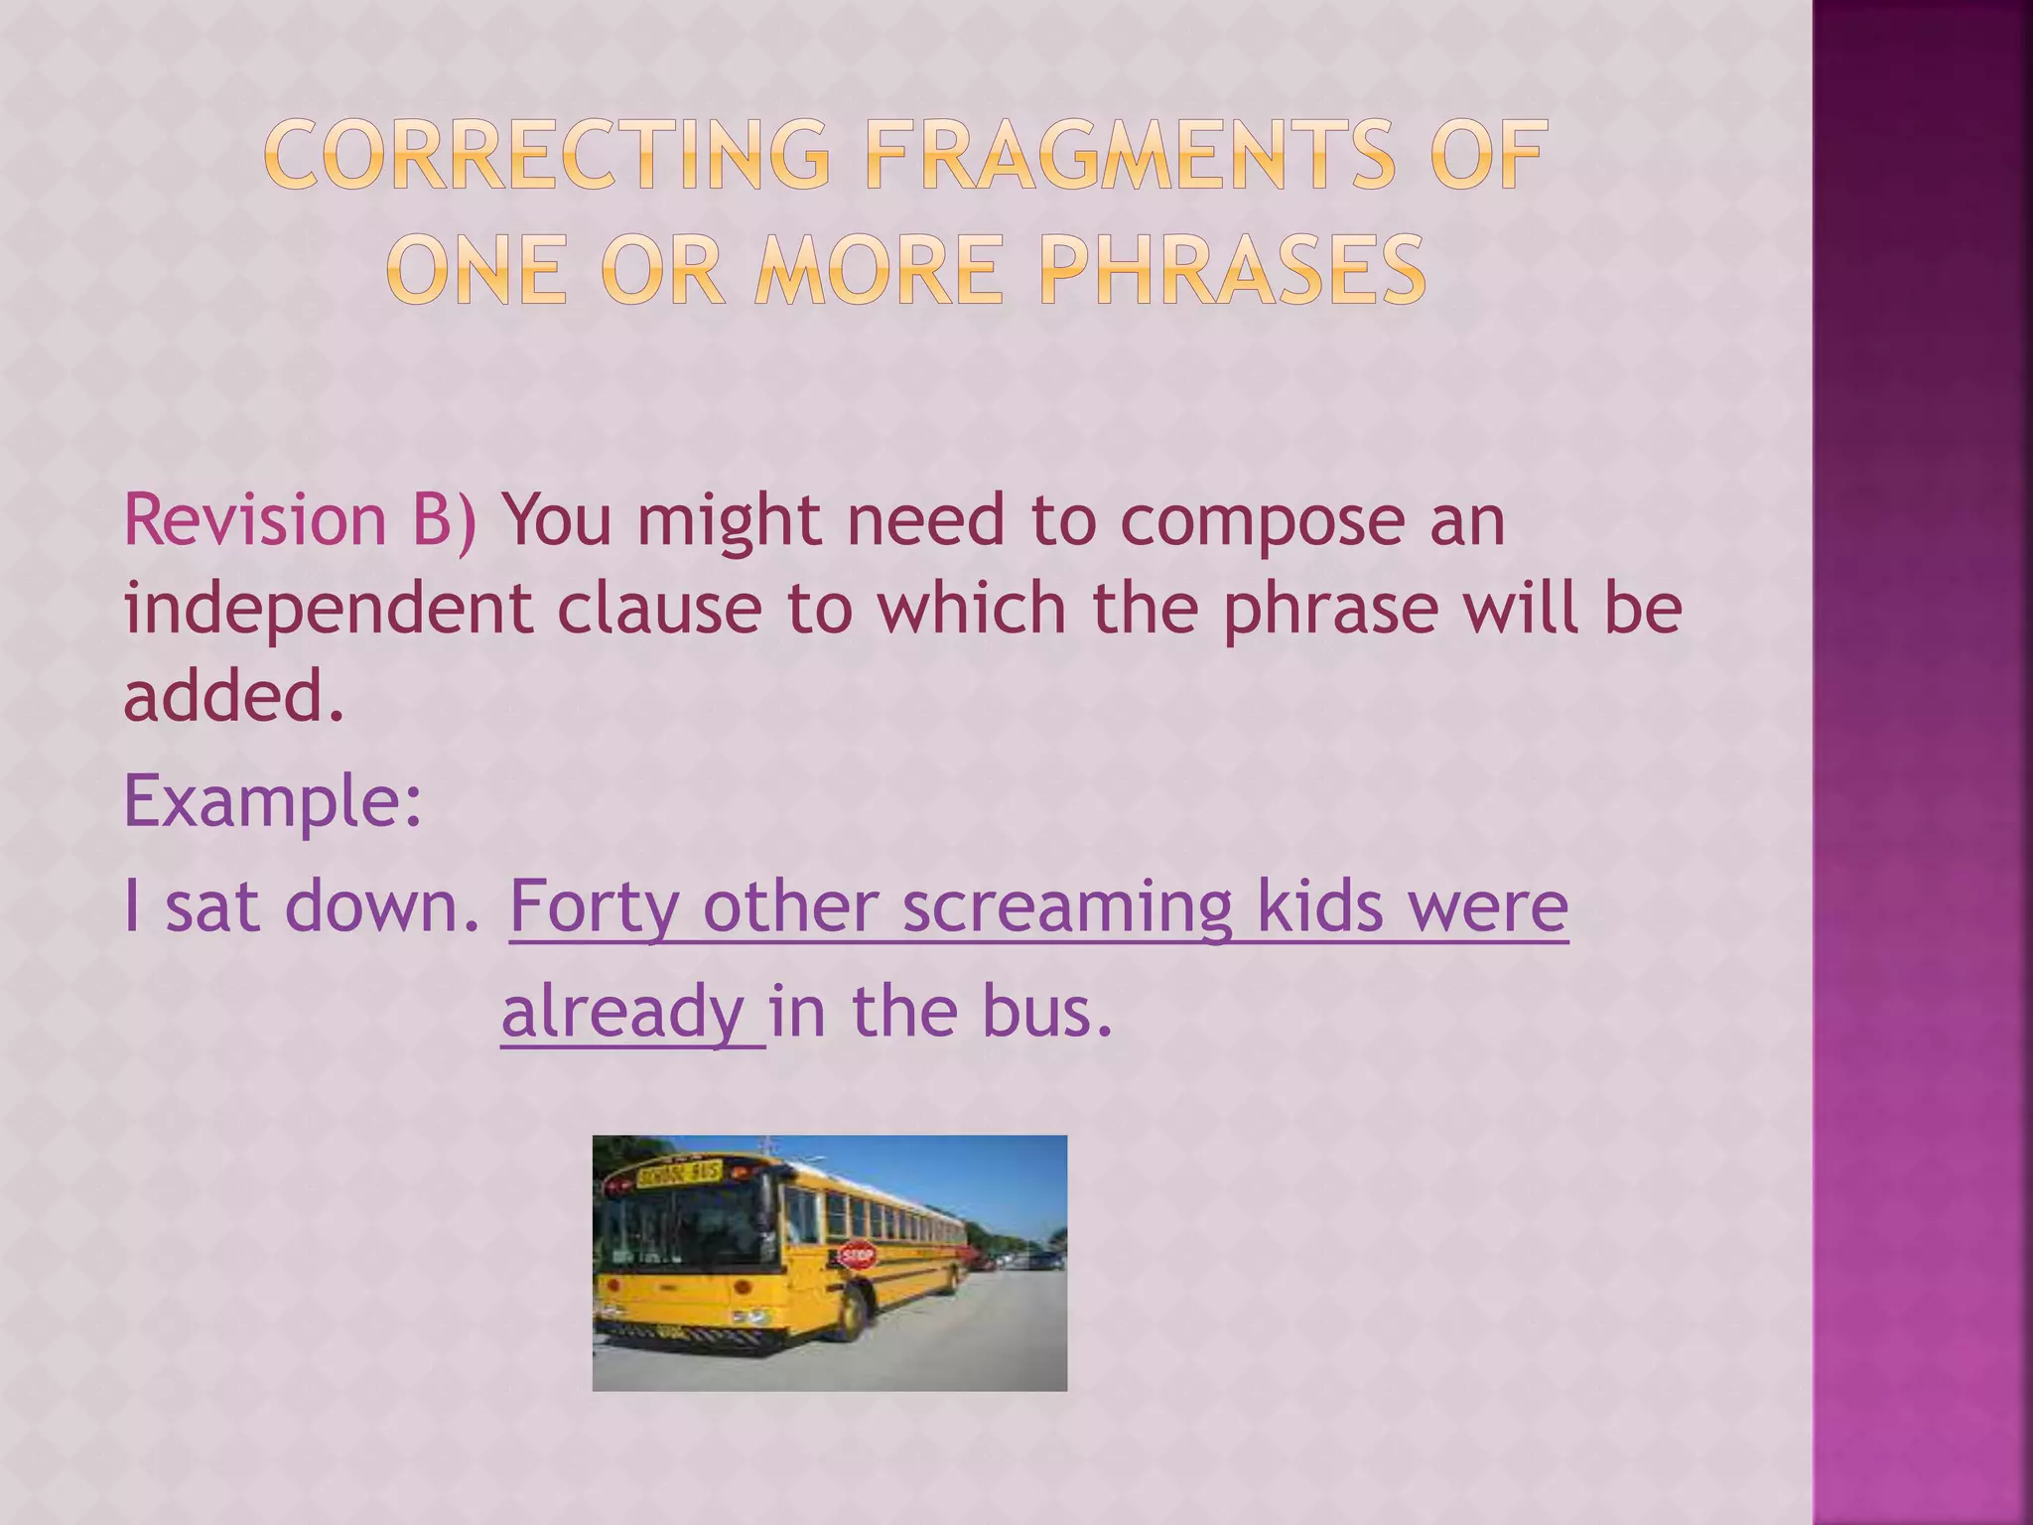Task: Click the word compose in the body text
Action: coord(1262,522)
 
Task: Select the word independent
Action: coord(329,609)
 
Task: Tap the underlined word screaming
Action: coord(1067,907)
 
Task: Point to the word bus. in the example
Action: coord(1047,1011)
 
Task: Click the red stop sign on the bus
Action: coord(857,1255)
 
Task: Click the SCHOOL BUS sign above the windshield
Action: coord(679,1174)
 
